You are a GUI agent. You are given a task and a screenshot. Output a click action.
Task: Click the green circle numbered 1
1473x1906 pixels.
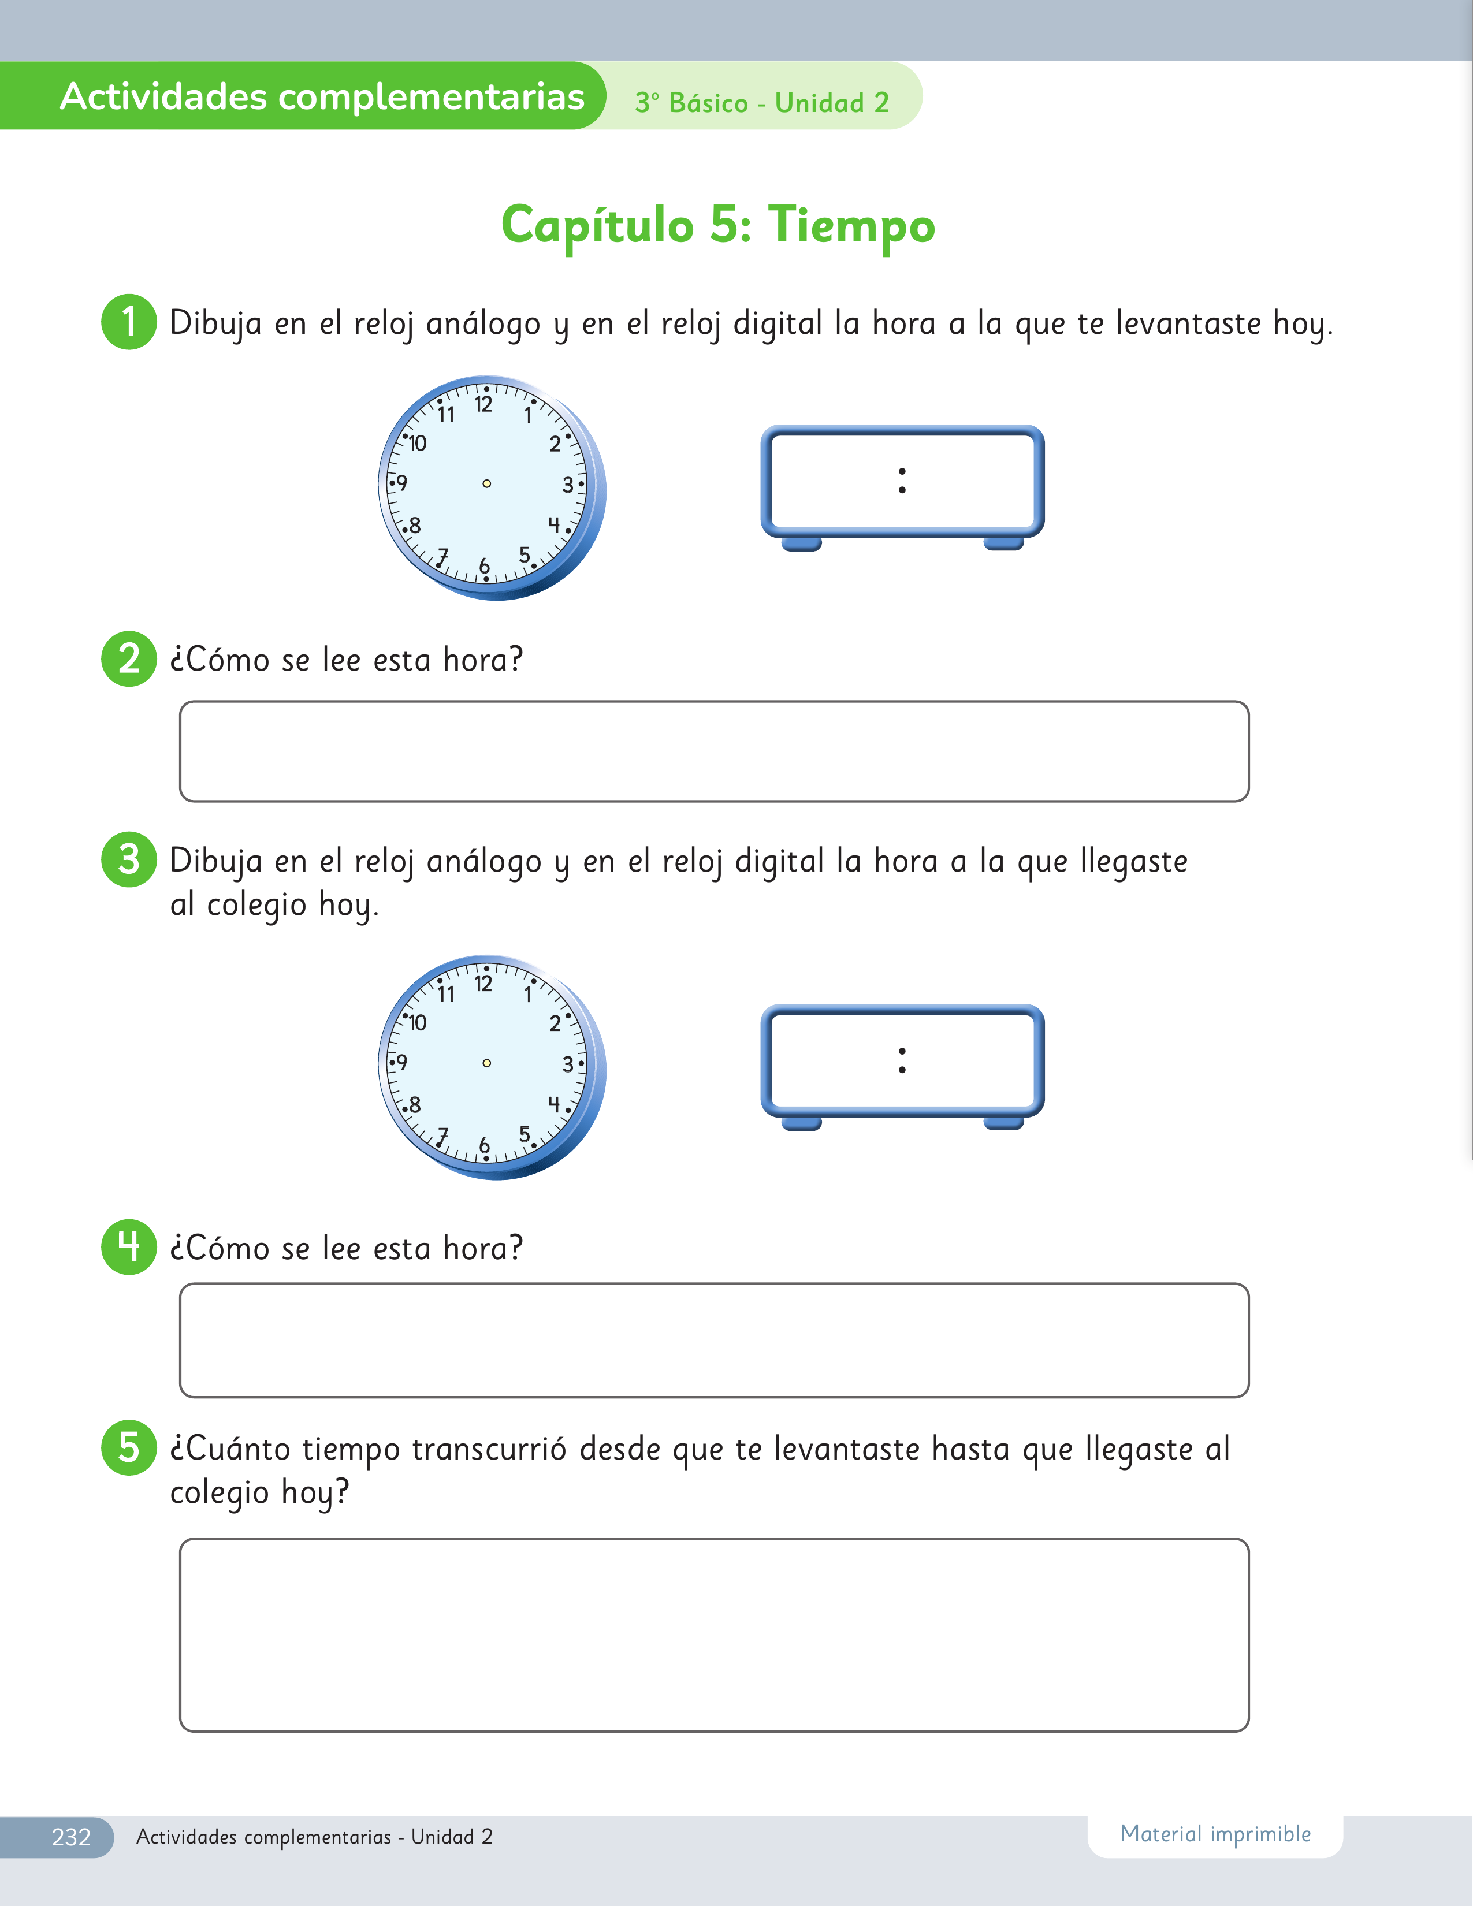pyautogui.click(x=129, y=322)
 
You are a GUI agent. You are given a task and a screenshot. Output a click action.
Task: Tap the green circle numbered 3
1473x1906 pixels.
pyautogui.click(x=129, y=859)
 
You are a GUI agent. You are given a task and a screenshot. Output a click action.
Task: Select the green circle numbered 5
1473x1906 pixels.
pyautogui.click(x=129, y=1448)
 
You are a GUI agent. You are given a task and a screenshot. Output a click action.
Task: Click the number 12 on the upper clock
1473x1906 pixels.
pyautogui.click(x=483, y=405)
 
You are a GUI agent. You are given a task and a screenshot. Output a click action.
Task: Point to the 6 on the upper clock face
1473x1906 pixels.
pyautogui.click(x=484, y=567)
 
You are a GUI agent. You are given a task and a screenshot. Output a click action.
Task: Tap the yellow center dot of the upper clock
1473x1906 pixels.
pyautogui.click(x=487, y=483)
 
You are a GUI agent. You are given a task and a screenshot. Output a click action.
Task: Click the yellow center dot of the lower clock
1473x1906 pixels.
pyautogui.click(x=487, y=1063)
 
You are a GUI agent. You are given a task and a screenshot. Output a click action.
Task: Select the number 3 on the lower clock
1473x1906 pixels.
pyautogui.click(x=568, y=1064)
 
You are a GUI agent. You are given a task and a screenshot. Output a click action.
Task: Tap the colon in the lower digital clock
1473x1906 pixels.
pyautogui.click(x=902, y=1060)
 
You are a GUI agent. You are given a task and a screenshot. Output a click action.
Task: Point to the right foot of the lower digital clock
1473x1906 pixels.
pyautogui.click(x=1003, y=1123)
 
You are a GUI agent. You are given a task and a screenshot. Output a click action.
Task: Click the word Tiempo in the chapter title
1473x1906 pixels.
pyautogui.click(x=851, y=226)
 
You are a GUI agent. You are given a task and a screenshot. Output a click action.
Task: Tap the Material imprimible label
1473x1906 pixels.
pyautogui.click(x=1215, y=1834)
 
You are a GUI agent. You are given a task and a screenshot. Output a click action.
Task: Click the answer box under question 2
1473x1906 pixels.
pyautogui.click(x=715, y=751)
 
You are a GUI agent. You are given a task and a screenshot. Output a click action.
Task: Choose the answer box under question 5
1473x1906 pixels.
pyautogui.click(x=715, y=1635)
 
